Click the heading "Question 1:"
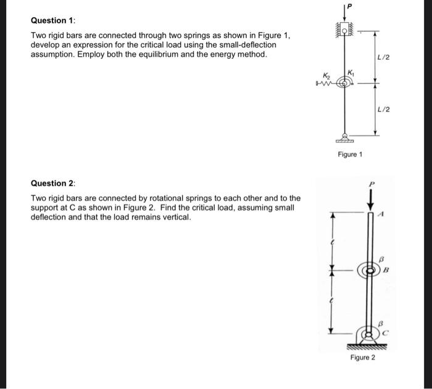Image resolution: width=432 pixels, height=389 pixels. point(49,20)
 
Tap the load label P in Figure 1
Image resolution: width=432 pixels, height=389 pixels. point(349,6)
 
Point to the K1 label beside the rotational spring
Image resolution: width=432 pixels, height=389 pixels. point(351,72)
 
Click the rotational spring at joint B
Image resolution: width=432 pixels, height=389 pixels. point(372,270)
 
